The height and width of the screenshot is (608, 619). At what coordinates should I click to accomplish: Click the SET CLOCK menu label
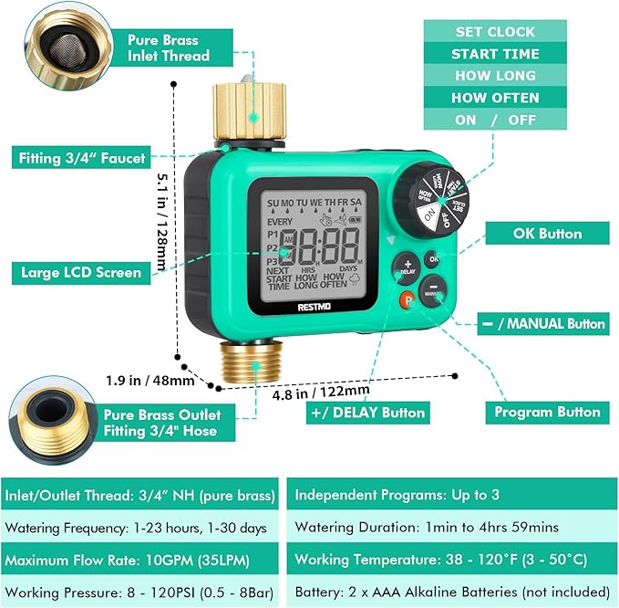[x=495, y=32]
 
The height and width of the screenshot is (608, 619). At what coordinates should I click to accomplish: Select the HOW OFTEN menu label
[x=495, y=98]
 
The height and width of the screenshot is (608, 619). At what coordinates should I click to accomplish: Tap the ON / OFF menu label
[x=495, y=120]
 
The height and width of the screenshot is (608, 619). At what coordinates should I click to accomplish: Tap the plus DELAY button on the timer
[x=407, y=266]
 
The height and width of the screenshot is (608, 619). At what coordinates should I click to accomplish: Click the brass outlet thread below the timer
[x=255, y=362]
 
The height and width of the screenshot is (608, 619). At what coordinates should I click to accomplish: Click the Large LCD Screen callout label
[x=81, y=272]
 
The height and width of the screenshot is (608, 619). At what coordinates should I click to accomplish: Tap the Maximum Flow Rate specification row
[x=142, y=559]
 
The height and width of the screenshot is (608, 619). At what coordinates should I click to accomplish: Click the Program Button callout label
[x=547, y=413]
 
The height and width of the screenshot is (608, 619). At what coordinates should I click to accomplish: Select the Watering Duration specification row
[x=451, y=528]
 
